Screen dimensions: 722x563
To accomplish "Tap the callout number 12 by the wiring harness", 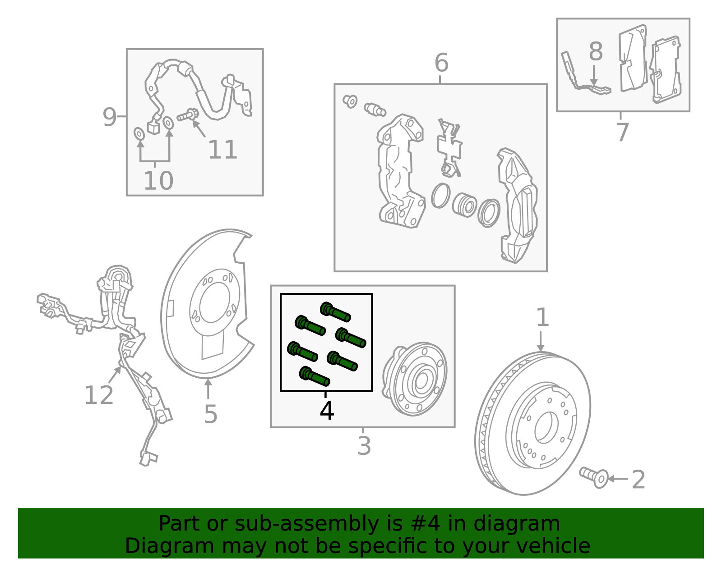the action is [99, 395].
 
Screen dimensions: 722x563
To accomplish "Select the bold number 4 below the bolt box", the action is [327, 411].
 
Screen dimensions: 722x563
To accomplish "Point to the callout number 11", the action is [222, 150].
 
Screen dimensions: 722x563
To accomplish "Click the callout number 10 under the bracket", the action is [158, 181].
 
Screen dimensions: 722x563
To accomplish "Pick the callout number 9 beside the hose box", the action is [109, 117].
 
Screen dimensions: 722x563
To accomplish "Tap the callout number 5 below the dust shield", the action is [210, 414].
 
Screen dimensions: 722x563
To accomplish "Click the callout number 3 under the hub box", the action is [364, 445].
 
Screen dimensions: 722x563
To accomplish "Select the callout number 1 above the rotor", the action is [542, 317].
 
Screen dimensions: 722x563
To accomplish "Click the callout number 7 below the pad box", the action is [623, 132].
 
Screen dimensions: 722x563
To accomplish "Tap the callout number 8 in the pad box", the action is [596, 51].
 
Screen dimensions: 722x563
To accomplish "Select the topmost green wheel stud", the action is [335, 312].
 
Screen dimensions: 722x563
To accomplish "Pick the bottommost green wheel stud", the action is [315, 376].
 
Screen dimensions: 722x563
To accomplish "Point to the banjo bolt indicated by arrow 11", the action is [188, 115].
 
